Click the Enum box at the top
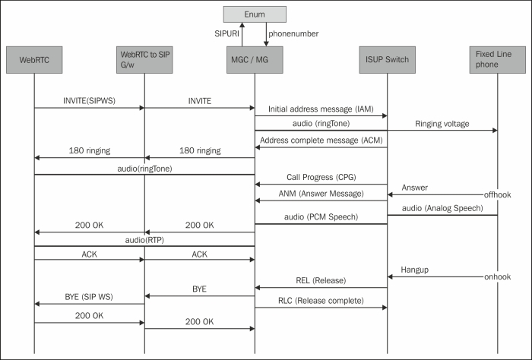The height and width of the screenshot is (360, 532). coord(255,14)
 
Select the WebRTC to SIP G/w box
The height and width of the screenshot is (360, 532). coord(144,59)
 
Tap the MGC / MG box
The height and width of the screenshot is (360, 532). coord(255,59)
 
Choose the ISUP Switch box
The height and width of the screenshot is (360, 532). coord(387,59)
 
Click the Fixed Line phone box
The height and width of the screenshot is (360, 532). coord(497,59)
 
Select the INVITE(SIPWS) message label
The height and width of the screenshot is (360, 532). coord(88,99)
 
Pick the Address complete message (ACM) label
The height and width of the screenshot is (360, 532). coord(320,141)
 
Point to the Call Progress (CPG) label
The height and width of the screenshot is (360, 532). coord(320,176)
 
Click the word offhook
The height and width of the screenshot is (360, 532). coord(499,196)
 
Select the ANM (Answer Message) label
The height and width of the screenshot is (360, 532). coord(320,193)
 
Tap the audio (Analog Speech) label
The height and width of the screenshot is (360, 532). coord(442,207)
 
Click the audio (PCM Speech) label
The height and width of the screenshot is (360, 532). coord(320,216)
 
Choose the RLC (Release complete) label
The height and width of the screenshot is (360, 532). coord(320,300)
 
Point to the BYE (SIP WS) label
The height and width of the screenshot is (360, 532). coord(88,297)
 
